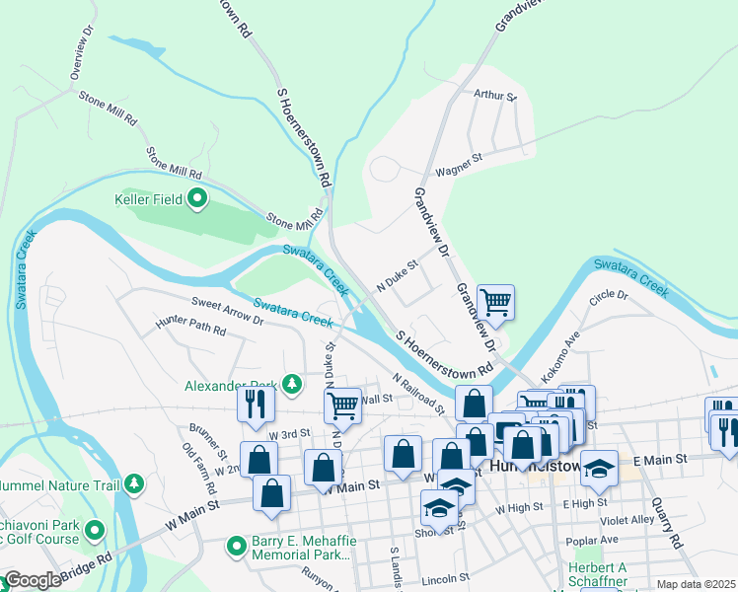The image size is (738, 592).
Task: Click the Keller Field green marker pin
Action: (x=196, y=200)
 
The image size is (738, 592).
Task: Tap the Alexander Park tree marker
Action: (x=291, y=384)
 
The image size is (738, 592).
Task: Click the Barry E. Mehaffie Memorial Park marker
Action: (x=236, y=546)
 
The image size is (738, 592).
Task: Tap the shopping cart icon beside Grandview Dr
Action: (x=495, y=302)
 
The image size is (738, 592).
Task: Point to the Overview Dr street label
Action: (x=81, y=60)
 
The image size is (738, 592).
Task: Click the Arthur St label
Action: (x=495, y=96)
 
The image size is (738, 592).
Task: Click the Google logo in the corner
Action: (x=32, y=580)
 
